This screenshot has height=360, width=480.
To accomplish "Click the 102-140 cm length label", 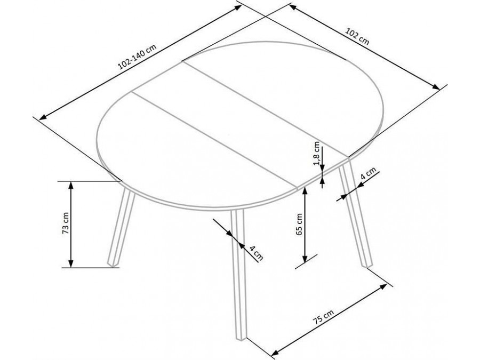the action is [138, 57].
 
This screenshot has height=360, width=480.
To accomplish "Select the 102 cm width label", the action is [357, 36].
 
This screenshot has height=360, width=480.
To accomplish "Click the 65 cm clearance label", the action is [299, 224].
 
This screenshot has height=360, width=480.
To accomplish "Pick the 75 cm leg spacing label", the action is [323, 317].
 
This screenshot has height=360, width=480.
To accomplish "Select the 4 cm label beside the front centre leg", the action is [256, 253].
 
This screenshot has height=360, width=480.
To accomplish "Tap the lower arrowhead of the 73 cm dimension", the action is [71, 263].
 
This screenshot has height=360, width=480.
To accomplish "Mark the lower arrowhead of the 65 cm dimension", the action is [305, 259].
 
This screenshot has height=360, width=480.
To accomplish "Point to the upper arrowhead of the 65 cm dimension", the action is [305, 191].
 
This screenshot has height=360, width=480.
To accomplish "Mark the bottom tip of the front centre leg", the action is [241, 339].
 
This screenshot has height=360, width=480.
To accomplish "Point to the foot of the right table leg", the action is [367, 266].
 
